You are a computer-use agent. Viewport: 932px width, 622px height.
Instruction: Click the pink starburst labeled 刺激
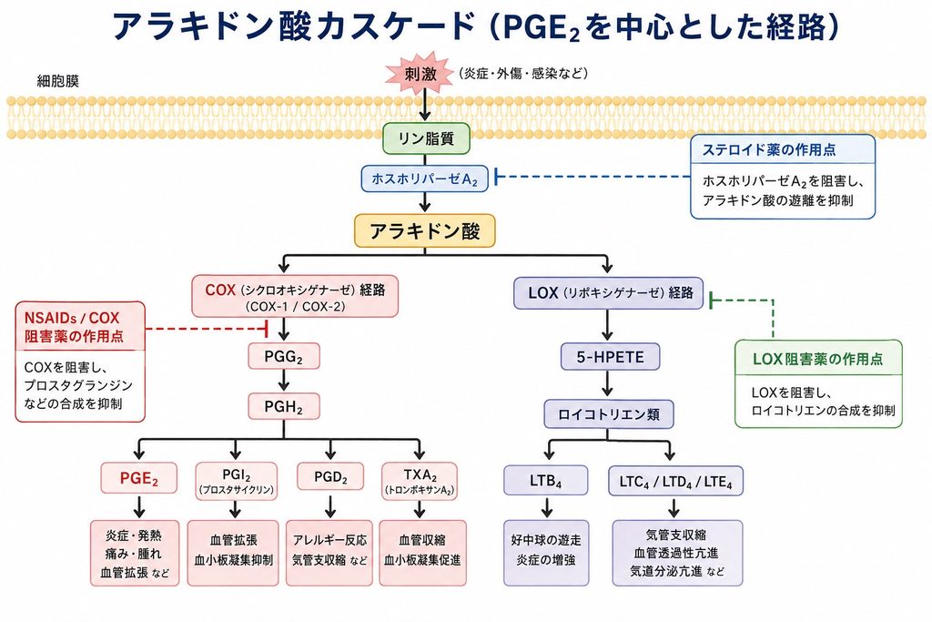[x=421, y=74]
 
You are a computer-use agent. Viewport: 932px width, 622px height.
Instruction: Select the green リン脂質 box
[x=426, y=138]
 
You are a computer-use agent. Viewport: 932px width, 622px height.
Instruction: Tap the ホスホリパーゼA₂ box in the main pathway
[x=424, y=178]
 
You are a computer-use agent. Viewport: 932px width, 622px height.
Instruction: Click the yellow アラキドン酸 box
[x=424, y=230]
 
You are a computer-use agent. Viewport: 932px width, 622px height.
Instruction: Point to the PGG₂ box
[x=284, y=357]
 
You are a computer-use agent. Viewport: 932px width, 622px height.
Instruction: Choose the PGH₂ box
[x=284, y=407]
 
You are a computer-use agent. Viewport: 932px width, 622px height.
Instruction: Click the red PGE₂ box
[x=138, y=478]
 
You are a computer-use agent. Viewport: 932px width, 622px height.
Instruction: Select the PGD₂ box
[x=330, y=477]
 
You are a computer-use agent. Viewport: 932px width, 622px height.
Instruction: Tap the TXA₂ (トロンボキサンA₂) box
[x=420, y=482]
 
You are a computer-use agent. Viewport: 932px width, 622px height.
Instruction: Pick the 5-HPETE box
[x=610, y=357]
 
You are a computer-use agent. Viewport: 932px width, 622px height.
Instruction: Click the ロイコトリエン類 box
[x=609, y=413]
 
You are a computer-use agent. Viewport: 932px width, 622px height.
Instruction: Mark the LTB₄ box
[x=546, y=481]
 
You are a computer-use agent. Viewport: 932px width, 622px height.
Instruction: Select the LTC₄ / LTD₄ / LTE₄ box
[x=676, y=481]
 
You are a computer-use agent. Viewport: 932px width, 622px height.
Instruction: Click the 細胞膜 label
[x=57, y=81]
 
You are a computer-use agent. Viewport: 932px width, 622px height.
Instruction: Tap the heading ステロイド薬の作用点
[x=769, y=150]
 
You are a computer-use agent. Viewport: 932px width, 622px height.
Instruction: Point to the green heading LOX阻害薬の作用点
[x=818, y=359]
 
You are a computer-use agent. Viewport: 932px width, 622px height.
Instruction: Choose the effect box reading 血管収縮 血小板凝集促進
[x=422, y=553]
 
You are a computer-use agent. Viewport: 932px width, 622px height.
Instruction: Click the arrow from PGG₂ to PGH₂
[x=284, y=382]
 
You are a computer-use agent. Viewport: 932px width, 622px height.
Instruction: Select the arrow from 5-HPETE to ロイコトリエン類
[x=607, y=384]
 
